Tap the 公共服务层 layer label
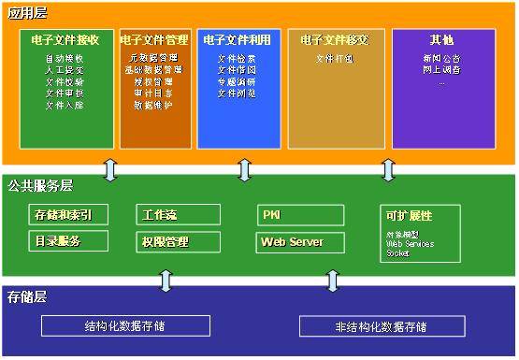tap(36, 185)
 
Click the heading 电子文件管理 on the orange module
tap(154, 40)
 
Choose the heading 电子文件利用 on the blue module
tap(238, 40)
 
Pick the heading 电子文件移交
tap(336, 40)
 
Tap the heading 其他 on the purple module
tap(442, 40)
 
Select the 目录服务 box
tap(59, 241)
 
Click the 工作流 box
tap(160, 215)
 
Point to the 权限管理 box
tap(165, 241)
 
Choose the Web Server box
tap(292, 241)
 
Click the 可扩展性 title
tap(409, 215)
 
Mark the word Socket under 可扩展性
tap(397, 252)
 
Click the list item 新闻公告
tap(441, 58)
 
